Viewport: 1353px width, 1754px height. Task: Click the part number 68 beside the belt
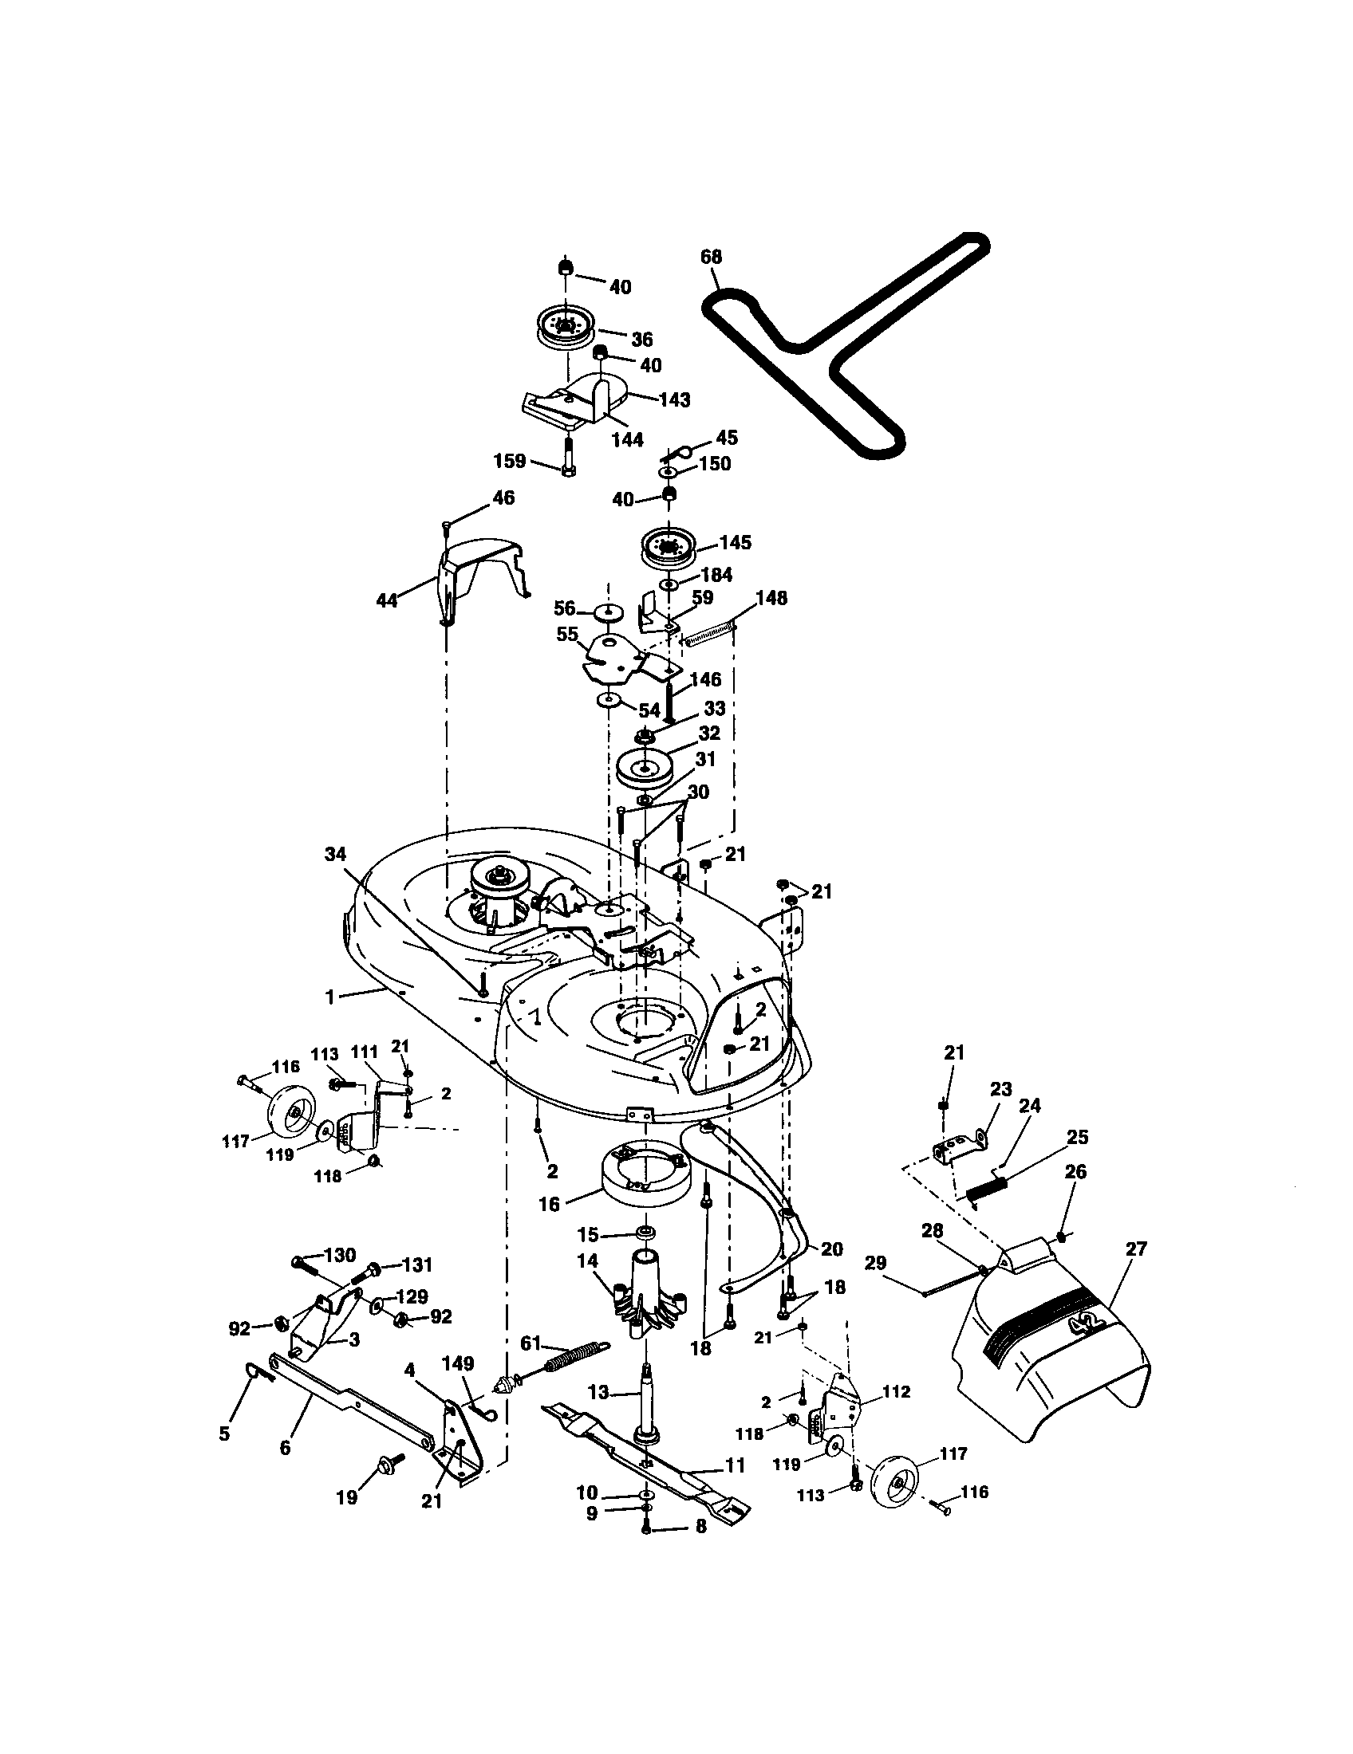(711, 257)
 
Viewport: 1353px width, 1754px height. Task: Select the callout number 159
(510, 461)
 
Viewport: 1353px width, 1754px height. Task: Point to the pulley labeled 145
(667, 549)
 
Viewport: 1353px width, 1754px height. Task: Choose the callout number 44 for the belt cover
(387, 600)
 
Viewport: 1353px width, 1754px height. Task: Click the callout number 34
(335, 854)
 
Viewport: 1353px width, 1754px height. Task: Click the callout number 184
(716, 575)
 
